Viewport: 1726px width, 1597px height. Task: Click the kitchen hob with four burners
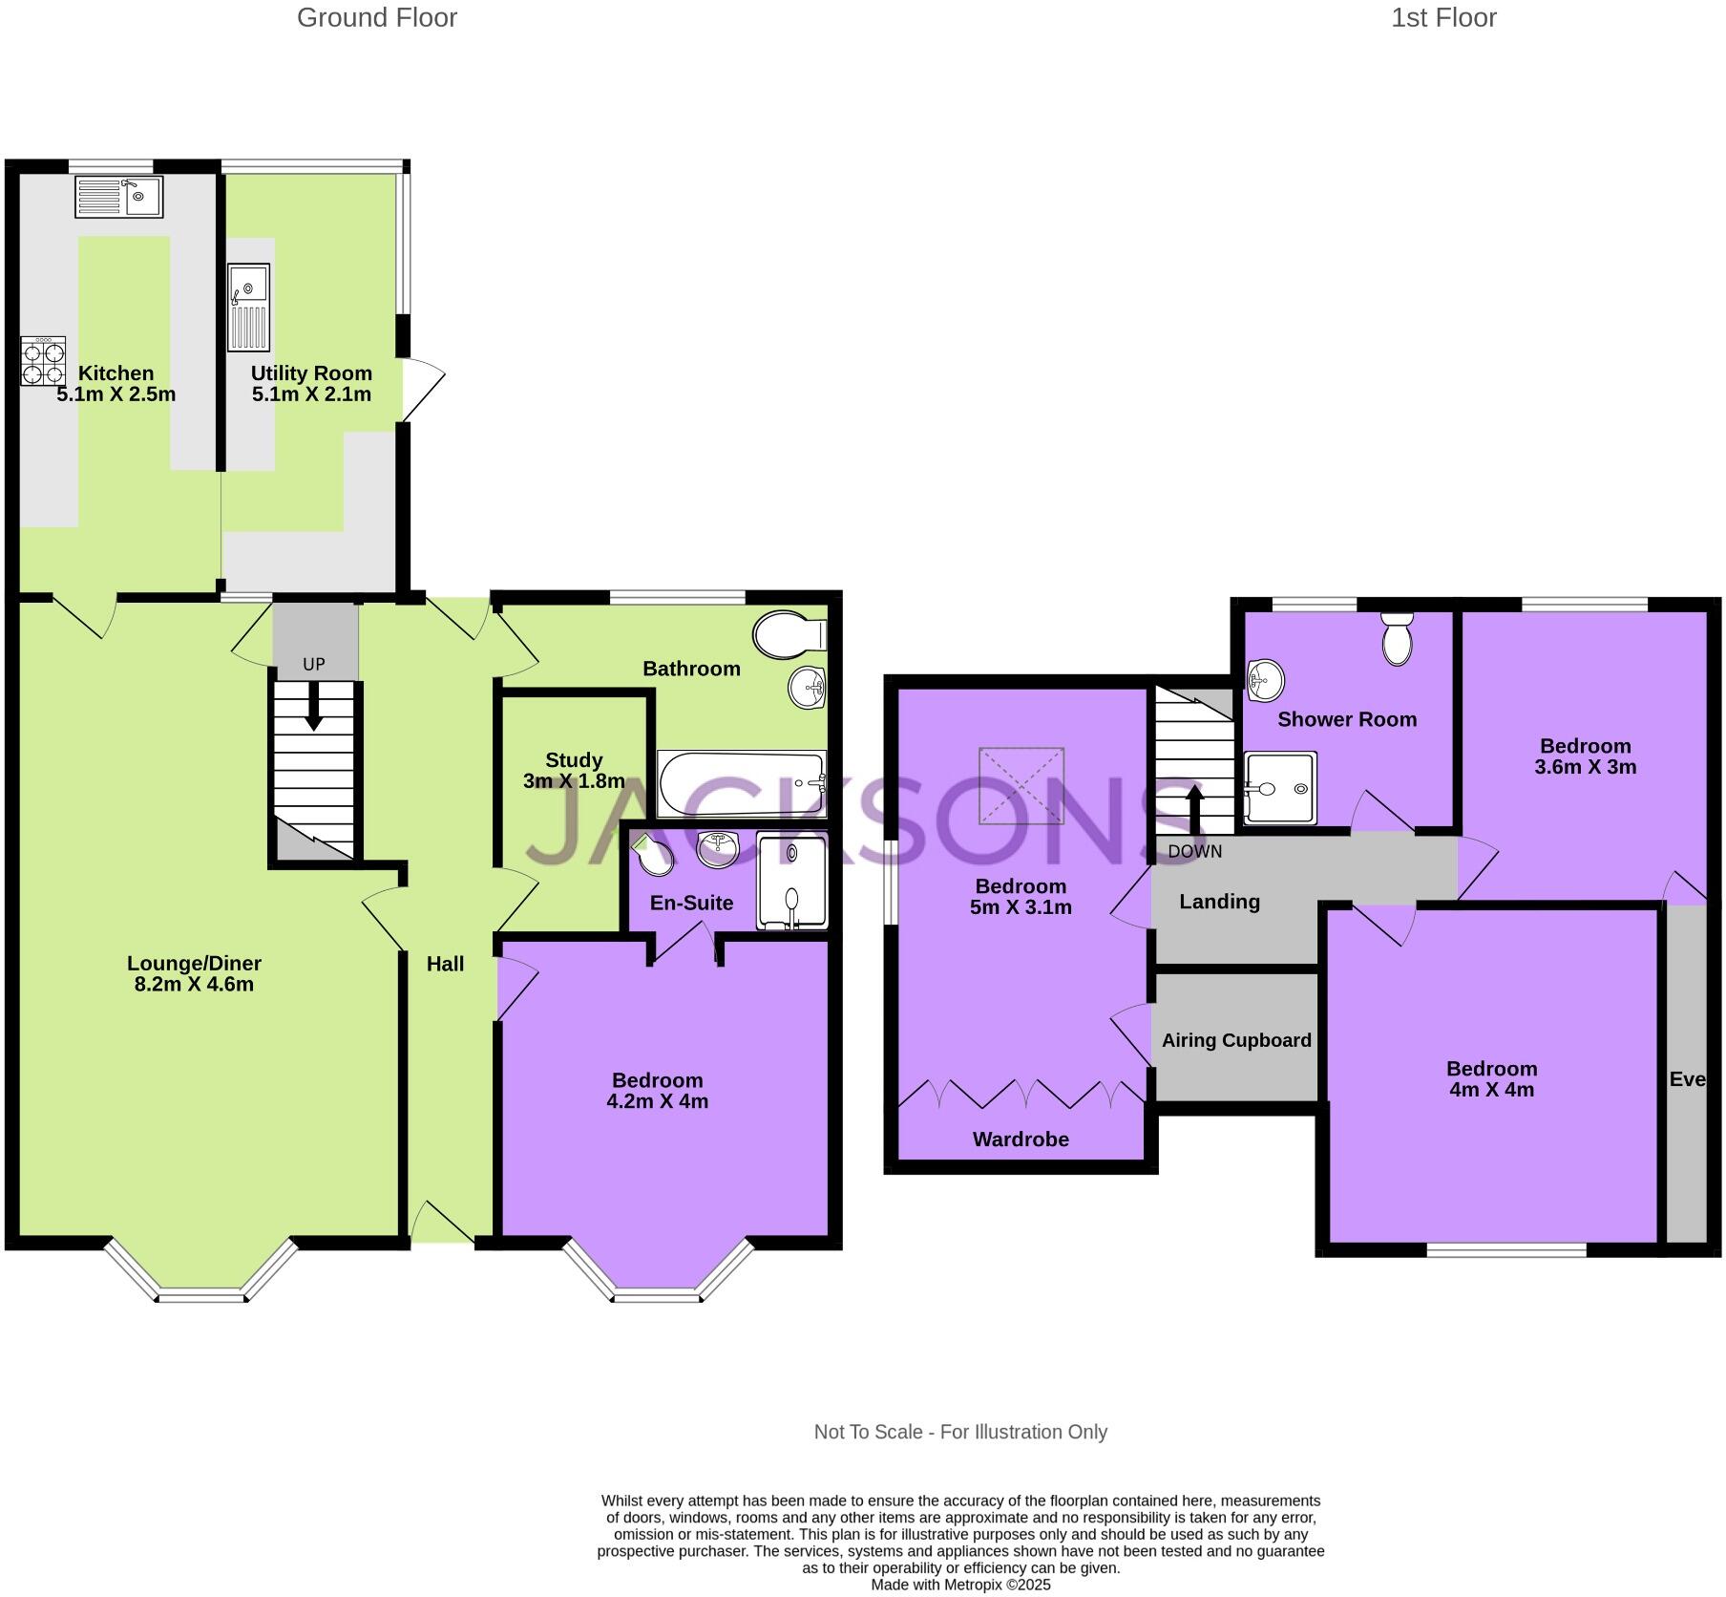(43, 361)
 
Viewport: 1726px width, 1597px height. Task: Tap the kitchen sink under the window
(118, 197)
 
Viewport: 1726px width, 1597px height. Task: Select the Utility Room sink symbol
(248, 308)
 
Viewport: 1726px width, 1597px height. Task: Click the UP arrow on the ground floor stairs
(313, 712)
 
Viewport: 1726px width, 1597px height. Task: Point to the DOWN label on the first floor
(1194, 851)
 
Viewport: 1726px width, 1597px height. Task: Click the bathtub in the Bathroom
(742, 783)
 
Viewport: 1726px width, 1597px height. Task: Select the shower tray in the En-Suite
(791, 881)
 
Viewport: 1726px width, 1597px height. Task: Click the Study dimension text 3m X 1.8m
(574, 780)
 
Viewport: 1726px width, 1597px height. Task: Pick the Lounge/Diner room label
(194, 964)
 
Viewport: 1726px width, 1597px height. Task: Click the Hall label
(445, 964)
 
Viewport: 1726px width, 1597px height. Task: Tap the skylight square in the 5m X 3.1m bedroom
(1021, 785)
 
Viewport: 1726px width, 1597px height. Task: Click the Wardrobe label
(1021, 1139)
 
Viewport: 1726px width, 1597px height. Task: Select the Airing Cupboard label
(1236, 1040)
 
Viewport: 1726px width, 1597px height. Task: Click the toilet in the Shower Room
(1397, 640)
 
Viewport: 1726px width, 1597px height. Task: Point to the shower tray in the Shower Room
(1280, 788)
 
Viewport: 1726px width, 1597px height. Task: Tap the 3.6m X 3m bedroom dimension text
(1585, 767)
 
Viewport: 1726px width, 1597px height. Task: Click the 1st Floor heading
(1442, 18)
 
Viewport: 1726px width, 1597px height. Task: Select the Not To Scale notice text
(959, 1432)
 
